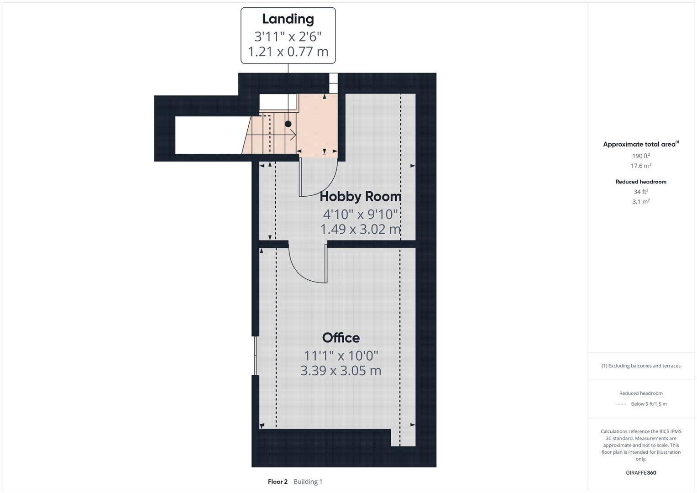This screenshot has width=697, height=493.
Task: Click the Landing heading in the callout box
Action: [x=288, y=19]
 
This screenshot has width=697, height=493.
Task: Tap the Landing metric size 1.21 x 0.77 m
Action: [x=288, y=52]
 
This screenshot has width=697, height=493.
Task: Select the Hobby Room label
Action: [x=361, y=196]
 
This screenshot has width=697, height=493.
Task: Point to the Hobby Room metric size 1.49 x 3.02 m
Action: [x=361, y=229]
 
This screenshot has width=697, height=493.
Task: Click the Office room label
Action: [x=341, y=338]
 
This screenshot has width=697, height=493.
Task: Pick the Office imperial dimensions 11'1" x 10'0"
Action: [x=341, y=356]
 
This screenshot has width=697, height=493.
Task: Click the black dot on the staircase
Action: [x=288, y=124]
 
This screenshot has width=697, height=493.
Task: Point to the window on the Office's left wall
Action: [x=255, y=356]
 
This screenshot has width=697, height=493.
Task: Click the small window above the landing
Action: [x=333, y=83]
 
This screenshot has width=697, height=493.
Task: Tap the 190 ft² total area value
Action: [x=641, y=156]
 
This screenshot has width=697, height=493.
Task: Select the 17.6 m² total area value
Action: [x=641, y=166]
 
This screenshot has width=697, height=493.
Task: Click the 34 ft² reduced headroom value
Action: [x=641, y=192]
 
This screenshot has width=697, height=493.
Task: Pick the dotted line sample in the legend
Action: [x=621, y=404]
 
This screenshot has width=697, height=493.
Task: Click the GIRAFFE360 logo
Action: [x=641, y=472]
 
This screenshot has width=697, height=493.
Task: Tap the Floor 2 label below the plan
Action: [x=278, y=482]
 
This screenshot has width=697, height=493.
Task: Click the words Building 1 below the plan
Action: [x=308, y=482]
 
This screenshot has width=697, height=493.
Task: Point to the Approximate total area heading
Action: [x=641, y=144]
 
